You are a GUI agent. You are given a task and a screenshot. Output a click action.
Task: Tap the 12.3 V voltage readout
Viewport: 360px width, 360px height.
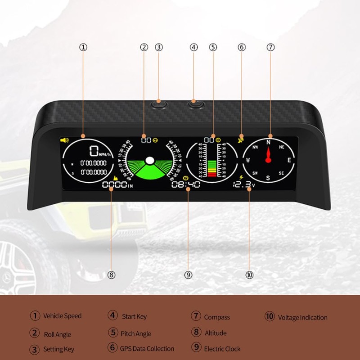243,184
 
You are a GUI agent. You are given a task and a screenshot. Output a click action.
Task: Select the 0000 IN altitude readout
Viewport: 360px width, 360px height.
117,185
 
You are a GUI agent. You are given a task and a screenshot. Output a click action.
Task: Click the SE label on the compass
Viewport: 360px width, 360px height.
281,173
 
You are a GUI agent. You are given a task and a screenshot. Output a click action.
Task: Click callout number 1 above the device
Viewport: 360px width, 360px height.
83,47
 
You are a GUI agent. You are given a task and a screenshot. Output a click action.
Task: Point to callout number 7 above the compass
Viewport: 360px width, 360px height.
270,47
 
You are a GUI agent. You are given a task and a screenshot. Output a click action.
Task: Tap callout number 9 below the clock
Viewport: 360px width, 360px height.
189,274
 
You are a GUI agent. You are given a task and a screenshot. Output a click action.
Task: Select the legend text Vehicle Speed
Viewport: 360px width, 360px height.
62,316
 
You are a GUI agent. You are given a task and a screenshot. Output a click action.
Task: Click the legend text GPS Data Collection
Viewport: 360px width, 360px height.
147,348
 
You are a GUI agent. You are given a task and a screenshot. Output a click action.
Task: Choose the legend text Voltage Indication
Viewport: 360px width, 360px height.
302,317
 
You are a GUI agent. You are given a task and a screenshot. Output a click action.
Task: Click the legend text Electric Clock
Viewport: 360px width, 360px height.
222,349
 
